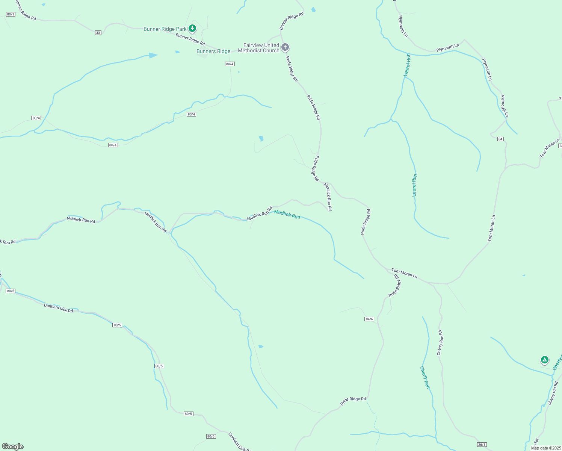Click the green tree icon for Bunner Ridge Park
(x=192, y=28)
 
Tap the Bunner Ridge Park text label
(x=165, y=29)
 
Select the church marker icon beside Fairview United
(x=285, y=47)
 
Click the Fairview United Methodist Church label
(x=259, y=48)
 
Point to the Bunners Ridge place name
(x=213, y=51)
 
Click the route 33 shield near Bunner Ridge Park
(x=98, y=33)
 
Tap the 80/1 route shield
(x=11, y=14)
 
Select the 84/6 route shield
(x=369, y=319)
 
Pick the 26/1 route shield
(x=482, y=445)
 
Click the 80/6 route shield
(x=211, y=436)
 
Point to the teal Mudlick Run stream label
(x=287, y=215)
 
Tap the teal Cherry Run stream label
(x=425, y=377)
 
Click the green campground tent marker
(x=545, y=360)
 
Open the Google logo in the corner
(x=13, y=446)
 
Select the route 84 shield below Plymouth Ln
(x=500, y=139)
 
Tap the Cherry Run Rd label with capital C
(x=440, y=343)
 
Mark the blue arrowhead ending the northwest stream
(x=153, y=55)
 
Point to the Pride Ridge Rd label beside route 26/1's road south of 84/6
(x=353, y=401)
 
